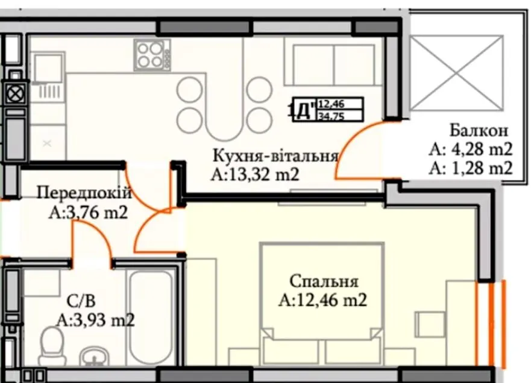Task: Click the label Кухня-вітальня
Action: (275, 156)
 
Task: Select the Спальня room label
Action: (324, 281)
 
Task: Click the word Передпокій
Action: (84, 193)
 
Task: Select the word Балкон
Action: (479, 130)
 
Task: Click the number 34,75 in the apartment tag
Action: (331, 116)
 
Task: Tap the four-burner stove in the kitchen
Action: (152, 55)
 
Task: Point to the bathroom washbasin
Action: (94, 357)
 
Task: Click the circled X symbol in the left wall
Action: (15, 92)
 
